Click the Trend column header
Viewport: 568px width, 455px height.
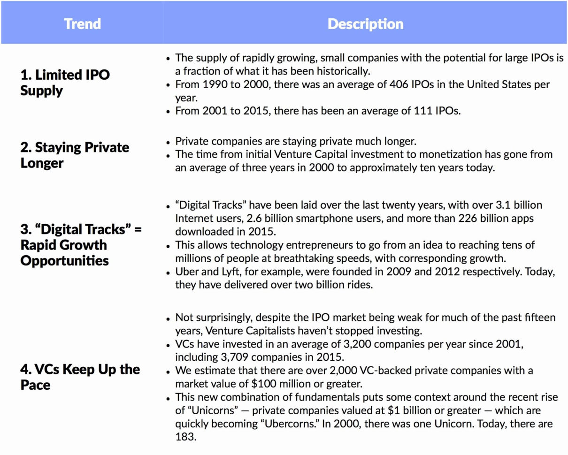point(82,24)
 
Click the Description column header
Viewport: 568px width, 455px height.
point(365,24)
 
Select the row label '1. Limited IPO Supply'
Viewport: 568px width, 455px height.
point(65,82)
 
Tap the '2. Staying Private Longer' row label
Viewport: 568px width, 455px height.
point(75,155)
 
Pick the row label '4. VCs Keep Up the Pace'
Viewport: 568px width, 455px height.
point(80,377)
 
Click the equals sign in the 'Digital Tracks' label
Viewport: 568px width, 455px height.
point(137,229)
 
